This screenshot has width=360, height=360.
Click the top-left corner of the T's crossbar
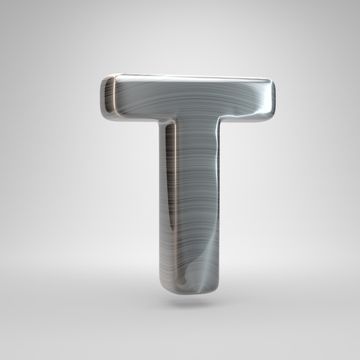coord(104,78)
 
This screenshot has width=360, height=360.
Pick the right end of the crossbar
coord(274,97)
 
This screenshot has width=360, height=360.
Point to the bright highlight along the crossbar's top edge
coord(192,79)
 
